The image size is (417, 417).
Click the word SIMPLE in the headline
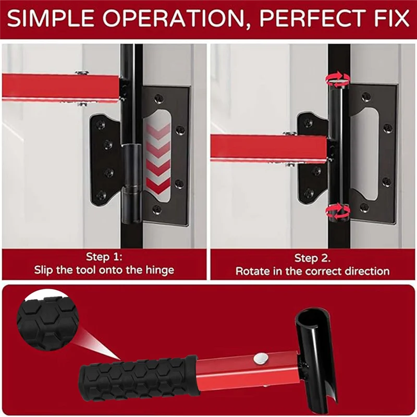51,18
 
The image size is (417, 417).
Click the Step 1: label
104,257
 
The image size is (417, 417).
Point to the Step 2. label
312,258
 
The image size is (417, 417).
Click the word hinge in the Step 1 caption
160,271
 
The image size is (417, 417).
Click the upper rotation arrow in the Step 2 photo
337,79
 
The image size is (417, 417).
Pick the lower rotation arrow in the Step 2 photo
337,212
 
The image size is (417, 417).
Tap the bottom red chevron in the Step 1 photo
158,186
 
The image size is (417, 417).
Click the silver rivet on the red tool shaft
260,358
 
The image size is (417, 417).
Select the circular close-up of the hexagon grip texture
47,319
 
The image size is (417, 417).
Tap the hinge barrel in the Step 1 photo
131,183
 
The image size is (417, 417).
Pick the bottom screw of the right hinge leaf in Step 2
364,207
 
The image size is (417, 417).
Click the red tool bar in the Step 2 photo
268,148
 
